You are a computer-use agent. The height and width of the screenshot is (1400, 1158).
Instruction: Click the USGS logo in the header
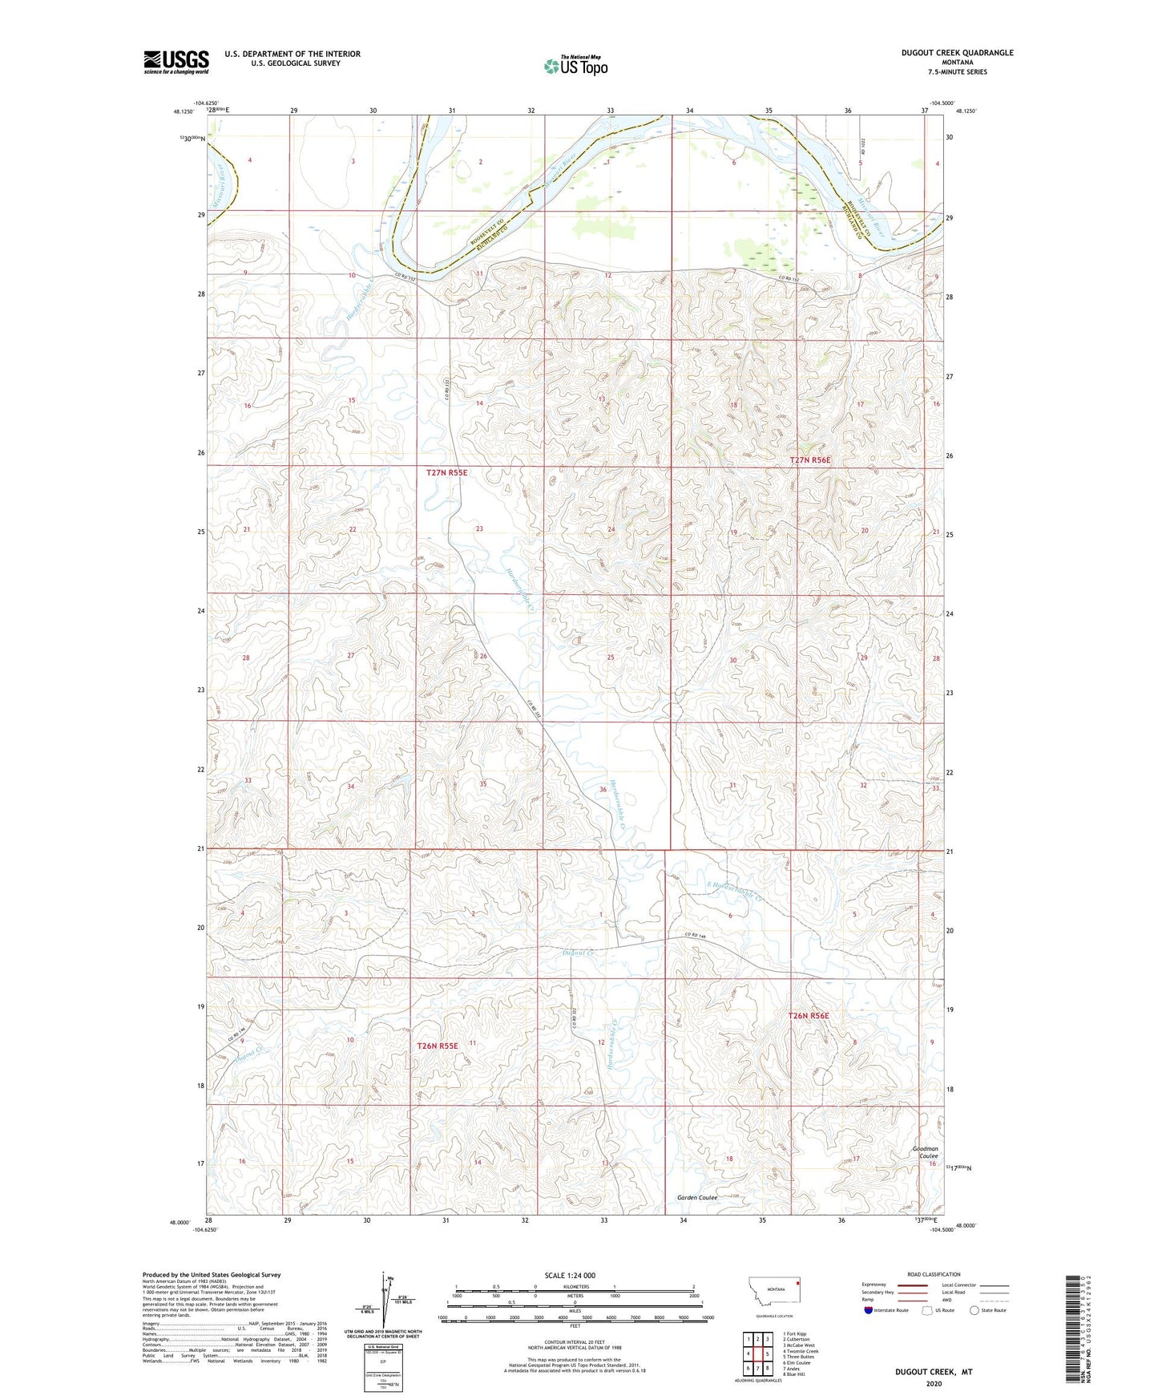click(x=176, y=62)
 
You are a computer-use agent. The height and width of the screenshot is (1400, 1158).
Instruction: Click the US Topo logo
click(x=575, y=66)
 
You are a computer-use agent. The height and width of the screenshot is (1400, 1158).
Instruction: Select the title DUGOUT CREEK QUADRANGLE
click(x=946, y=53)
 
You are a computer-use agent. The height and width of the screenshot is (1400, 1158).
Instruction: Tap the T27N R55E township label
click(x=446, y=473)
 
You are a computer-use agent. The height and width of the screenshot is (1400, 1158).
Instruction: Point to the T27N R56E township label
click(x=810, y=460)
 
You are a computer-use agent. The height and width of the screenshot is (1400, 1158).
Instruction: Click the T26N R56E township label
click(x=809, y=1016)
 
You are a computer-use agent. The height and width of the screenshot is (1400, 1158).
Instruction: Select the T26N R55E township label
click(x=437, y=1046)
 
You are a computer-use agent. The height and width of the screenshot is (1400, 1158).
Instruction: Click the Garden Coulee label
click(x=696, y=1198)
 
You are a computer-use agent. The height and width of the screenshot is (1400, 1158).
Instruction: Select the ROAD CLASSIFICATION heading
click(x=934, y=1274)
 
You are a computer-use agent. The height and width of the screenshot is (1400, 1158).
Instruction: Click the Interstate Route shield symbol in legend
click(x=869, y=1310)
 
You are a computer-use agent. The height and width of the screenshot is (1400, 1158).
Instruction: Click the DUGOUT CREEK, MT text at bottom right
click(x=934, y=1372)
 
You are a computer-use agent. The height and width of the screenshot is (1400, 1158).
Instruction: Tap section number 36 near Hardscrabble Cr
click(x=603, y=790)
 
